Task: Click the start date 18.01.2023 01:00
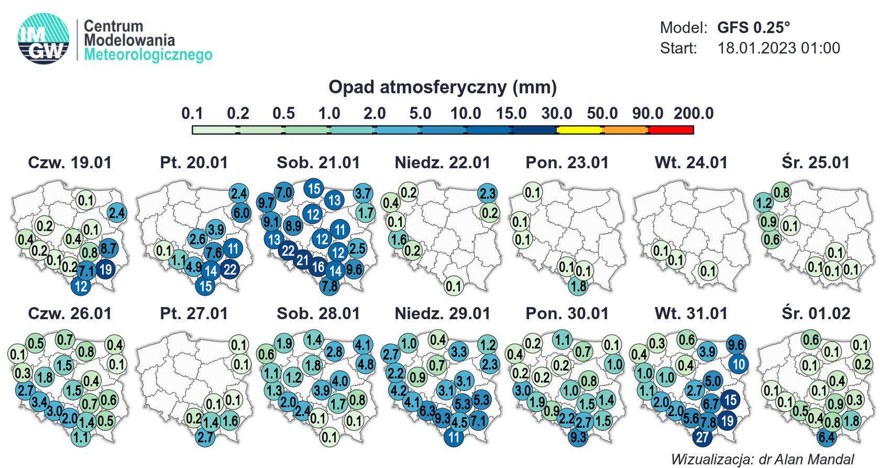coord(778,48)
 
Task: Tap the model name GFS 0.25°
coord(754,27)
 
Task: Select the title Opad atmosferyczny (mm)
coord(442,87)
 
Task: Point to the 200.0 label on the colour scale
coord(694,113)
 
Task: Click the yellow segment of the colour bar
coord(579,129)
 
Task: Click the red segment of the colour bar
coord(671,129)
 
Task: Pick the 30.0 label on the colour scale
coord(556,113)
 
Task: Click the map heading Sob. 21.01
coord(318,162)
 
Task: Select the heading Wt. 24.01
coord(691,162)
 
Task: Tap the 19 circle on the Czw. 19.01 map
coord(105,270)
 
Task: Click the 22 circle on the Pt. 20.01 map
coord(229,270)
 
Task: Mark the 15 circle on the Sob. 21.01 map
coord(314,189)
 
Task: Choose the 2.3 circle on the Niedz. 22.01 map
coord(487,193)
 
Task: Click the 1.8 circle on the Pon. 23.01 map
coord(578,286)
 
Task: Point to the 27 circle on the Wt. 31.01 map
coord(702,437)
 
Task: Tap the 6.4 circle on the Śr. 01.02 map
coord(827,437)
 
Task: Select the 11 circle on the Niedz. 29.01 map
coord(454,437)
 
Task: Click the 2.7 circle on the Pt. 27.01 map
coord(206,437)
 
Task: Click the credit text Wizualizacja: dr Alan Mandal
coord(762,459)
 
